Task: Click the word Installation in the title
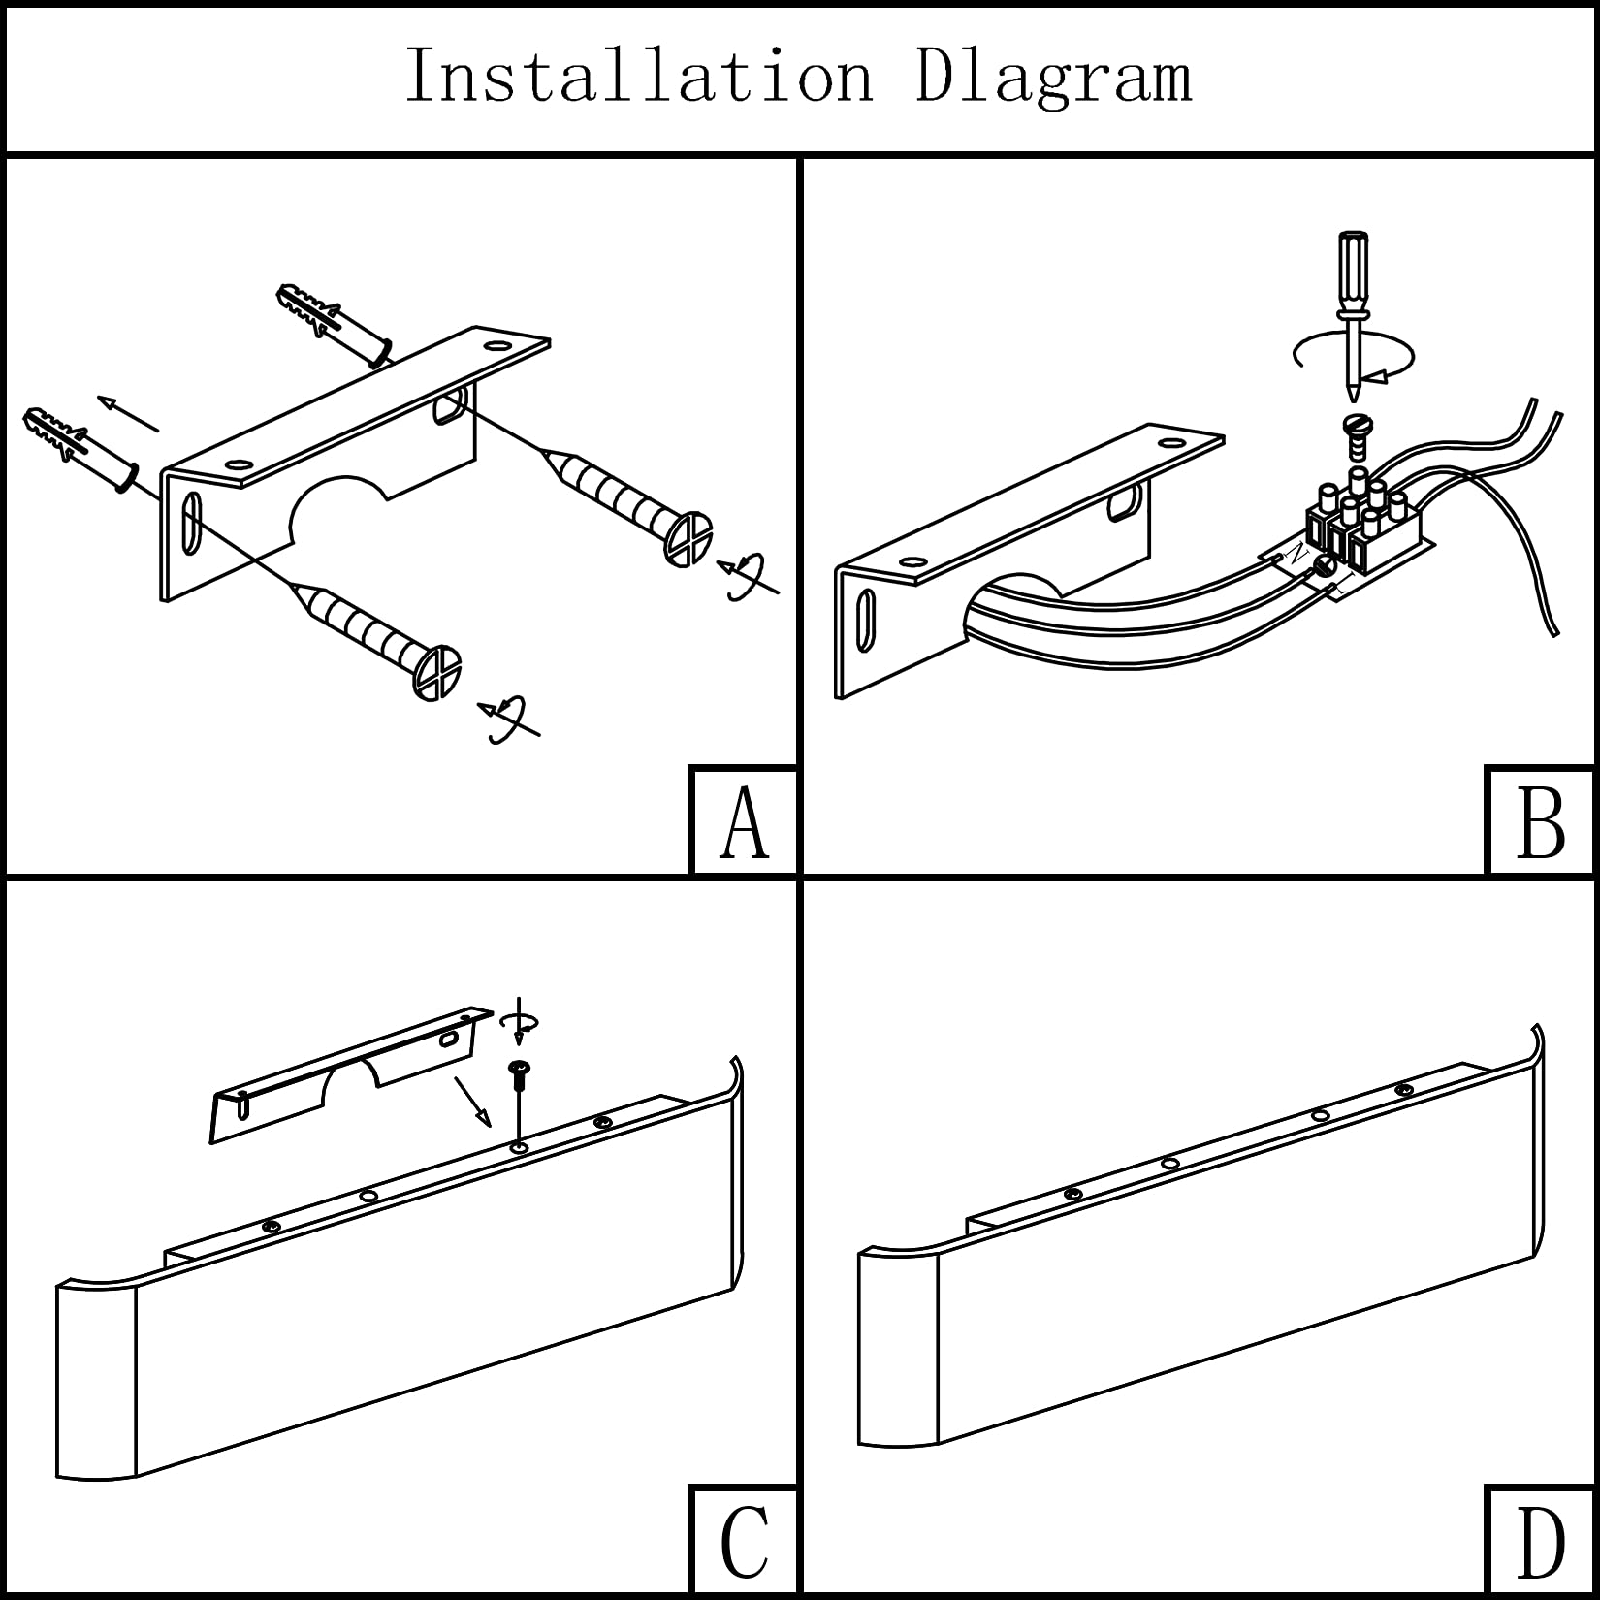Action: click(x=639, y=75)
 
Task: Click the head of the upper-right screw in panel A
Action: click(x=689, y=539)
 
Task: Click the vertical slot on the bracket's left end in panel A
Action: click(x=191, y=524)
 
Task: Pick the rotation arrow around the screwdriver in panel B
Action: click(x=1354, y=359)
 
